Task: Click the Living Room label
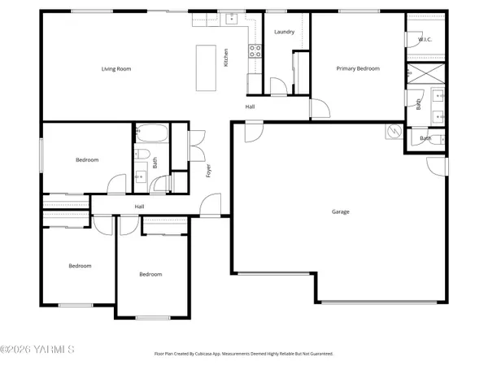pyautogui.click(x=116, y=69)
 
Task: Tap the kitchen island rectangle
pyautogui.click(x=203, y=61)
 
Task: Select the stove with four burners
pyautogui.click(x=255, y=53)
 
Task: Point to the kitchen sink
pyautogui.click(x=232, y=17)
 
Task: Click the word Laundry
pyautogui.click(x=284, y=32)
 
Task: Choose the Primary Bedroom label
pyautogui.click(x=358, y=69)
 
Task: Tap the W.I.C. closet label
pyautogui.click(x=425, y=39)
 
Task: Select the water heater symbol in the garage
pyautogui.click(x=394, y=132)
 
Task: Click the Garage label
pyautogui.click(x=340, y=211)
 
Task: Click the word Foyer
pyautogui.click(x=208, y=172)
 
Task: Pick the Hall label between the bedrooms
pyautogui.click(x=139, y=207)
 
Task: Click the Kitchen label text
pyautogui.click(x=226, y=58)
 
